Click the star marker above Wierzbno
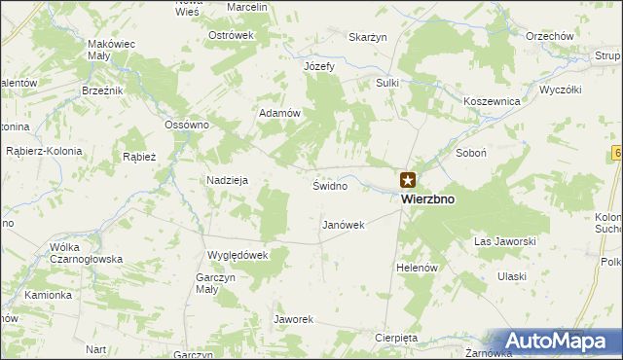pyautogui.click(x=408, y=179)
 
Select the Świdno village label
pyautogui.click(x=329, y=185)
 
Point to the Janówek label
pyautogui.click(x=343, y=225)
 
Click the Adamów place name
pyautogui.click(x=278, y=113)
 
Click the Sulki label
pyautogui.click(x=387, y=83)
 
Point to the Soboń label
pyautogui.click(x=470, y=154)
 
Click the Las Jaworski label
pyautogui.click(x=505, y=240)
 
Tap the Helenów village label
pyautogui.click(x=419, y=268)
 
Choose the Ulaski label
pyautogui.click(x=511, y=276)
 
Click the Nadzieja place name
pyautogui.click(x=228, y=180)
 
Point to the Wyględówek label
pyautogui.click(x=237, y=255)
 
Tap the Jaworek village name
pyautogui.click(x=292, y=319)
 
